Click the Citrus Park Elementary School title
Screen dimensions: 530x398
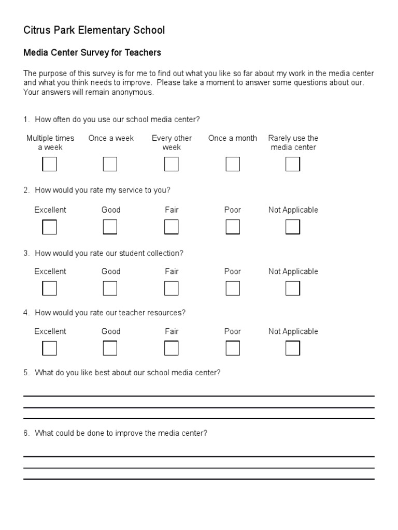[x=94, y=31]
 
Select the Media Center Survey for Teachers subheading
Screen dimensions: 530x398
[x=92, y=53]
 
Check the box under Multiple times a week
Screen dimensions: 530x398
[x=49, y=164]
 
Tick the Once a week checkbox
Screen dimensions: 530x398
[x=110, y=164]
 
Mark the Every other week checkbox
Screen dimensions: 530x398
[x=172, y=164]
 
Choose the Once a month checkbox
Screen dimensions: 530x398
[x=233, y=164]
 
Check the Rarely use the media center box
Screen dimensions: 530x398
[x=293, y=164]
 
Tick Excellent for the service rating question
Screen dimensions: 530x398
[x=49, y=227]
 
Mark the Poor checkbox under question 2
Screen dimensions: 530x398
[x=233, y=227]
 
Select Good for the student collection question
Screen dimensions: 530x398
[x=110, y=288]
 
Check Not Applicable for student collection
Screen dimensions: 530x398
[x=293, y=288]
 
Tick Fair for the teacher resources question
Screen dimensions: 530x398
[x=172, y=348]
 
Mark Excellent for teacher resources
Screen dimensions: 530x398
[x=49, y=348]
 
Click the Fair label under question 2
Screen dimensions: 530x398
[x=172, y=210]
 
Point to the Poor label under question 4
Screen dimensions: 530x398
[x=233, y=332]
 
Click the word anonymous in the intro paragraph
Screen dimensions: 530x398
[x=135, y=93]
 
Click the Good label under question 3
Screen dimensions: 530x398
[x=111, y=272]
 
